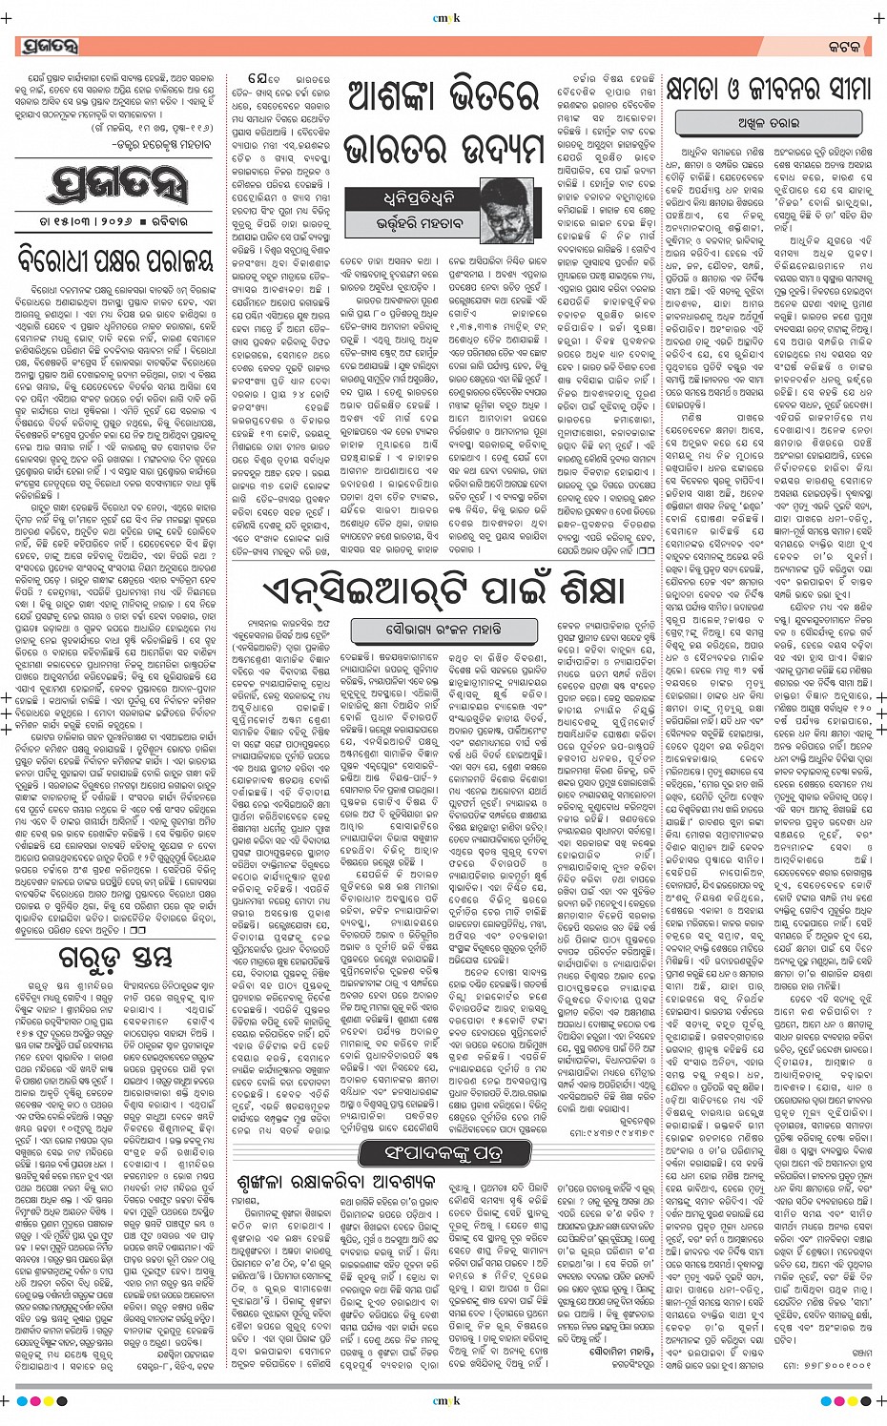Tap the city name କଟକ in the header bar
point(842,47)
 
